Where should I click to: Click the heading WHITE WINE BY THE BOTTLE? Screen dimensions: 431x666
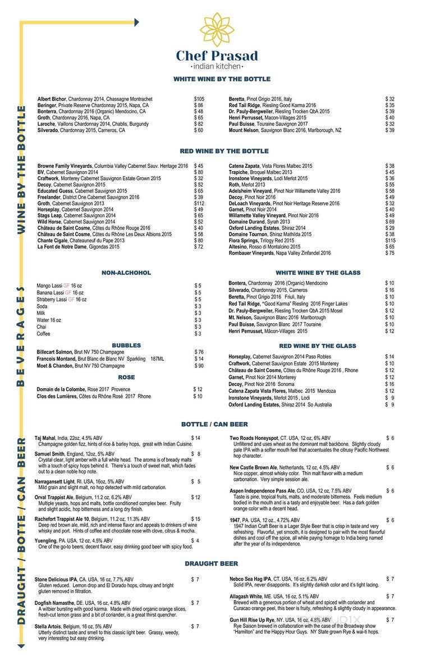tap(222, 79)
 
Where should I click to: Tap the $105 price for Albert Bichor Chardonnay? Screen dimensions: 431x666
tap(199, 99)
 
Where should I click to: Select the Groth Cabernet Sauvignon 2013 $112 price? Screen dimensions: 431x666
tap(199, 203)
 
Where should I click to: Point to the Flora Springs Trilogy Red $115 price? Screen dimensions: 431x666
tap(390, 240)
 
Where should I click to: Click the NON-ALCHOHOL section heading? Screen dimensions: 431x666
tap(126, 273)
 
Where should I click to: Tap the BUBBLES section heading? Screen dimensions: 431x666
tap(126, 346)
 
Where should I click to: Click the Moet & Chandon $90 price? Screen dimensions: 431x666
tap(198, 366)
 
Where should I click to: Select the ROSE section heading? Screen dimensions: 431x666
tap(126, 378)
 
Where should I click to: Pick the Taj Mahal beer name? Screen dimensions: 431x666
tap(47, 438)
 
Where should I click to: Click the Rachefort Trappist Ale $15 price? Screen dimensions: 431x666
tap(196, 519)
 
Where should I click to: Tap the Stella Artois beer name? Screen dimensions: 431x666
tap(49, 626)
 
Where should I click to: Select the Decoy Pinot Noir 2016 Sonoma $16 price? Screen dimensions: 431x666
tap(389, 384)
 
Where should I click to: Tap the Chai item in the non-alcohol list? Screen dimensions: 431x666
tap(42, 327)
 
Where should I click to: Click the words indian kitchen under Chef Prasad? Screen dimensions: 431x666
tap(217, 67)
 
